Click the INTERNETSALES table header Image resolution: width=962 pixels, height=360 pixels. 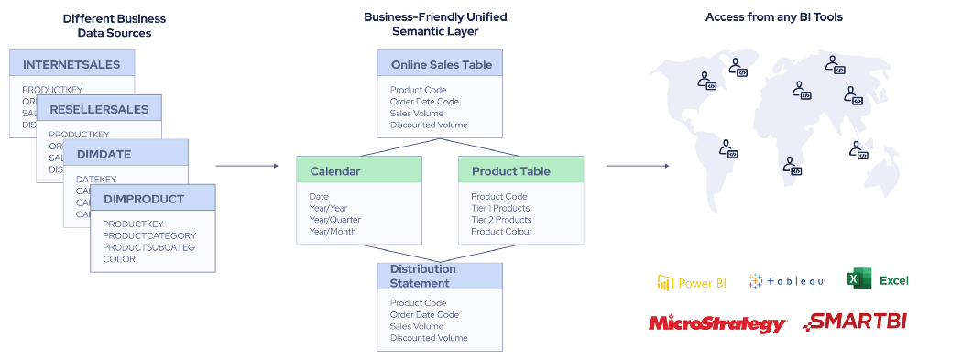[x=71, y=64]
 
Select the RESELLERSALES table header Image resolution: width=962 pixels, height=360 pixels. [x=99, y=109]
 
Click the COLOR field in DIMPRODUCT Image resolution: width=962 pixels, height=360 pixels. [x=119, y=259]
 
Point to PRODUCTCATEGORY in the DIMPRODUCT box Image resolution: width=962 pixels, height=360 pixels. [x=149, y=235]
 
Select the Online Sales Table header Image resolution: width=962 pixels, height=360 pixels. [x=441, y=64]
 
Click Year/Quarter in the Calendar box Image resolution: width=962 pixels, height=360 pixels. [x=334, y=220]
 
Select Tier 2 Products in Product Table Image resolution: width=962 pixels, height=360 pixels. [x=501, y=220]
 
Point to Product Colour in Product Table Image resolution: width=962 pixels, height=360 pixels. [x=501, y=232]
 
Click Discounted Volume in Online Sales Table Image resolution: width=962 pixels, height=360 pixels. [x=429, y=125]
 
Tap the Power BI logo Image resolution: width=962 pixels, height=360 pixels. [x=692, y=282]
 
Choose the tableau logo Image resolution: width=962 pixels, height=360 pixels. [x=786, y=281]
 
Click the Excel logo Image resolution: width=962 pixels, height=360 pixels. [x=879, y=280]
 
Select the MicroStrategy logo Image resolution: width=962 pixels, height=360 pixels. [x=717, y=323]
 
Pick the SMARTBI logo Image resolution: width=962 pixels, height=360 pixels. [x=856, y=322]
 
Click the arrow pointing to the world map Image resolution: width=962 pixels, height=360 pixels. [x=638, y=166]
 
